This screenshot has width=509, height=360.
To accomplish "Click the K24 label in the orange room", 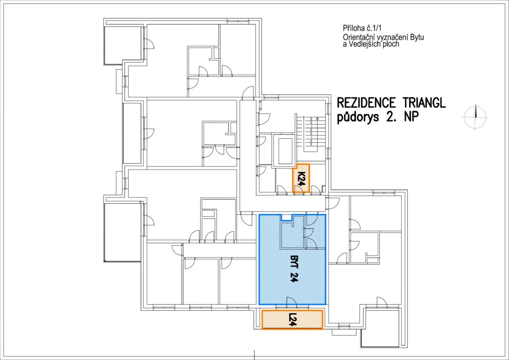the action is pos(302,178).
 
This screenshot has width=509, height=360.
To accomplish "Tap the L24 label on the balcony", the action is pos(292,320).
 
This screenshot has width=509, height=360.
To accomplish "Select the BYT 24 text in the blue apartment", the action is pos(292,269).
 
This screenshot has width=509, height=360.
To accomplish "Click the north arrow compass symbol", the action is pos(475,117).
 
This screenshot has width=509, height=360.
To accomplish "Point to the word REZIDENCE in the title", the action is pos(366,103).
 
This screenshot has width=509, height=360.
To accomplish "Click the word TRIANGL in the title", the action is pos(424,103).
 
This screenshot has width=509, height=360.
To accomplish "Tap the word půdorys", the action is pos(357,117).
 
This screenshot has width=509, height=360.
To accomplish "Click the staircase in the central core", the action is pos(311,133).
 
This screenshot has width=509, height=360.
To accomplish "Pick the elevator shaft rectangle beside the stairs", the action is pos(283,150).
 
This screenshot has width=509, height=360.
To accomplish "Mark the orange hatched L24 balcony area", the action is pos(292,320).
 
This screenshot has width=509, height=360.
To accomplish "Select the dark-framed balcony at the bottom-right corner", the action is pos(380,328).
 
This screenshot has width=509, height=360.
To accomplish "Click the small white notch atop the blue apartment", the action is pos(287,217).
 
